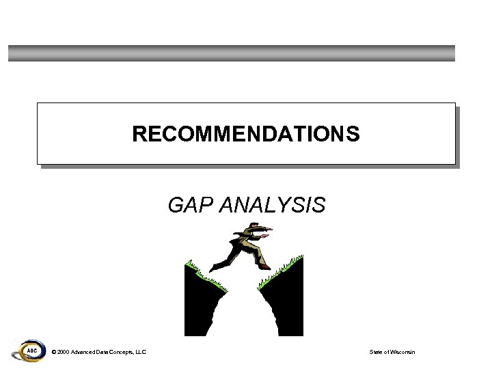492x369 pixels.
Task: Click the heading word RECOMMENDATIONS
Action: pos(246,134)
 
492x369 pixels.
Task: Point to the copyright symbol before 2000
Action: pos(54,352)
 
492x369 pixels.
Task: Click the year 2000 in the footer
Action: pos(63,352)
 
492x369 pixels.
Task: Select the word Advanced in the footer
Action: pos(85,352)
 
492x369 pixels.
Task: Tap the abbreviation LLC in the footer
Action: pos(140,352)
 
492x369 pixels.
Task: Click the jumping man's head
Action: pos(253,227)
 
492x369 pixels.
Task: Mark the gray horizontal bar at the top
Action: pos(232,53)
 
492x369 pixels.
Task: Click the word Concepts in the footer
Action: pos(117,352)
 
